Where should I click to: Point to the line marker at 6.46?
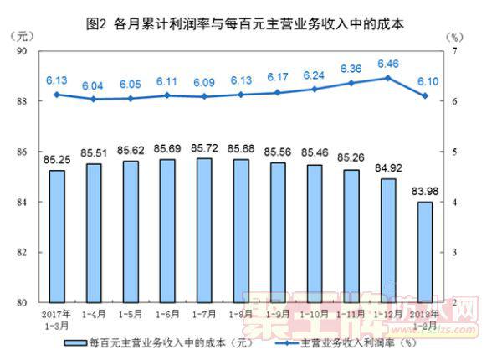(x=388, y=78)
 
